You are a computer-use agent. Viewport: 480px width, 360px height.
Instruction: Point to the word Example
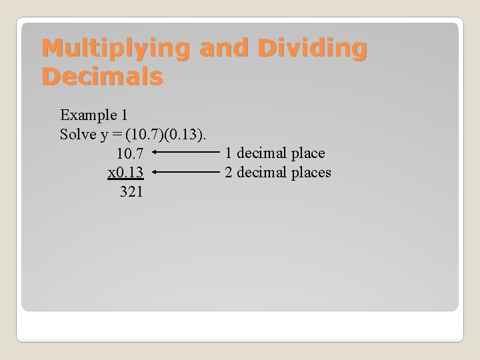(86, 114)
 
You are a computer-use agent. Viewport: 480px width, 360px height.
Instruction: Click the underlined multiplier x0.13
(125, 173)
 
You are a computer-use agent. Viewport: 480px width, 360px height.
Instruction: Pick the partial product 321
(131, 193)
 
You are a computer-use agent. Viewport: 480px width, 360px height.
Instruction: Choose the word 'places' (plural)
(311, 173)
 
